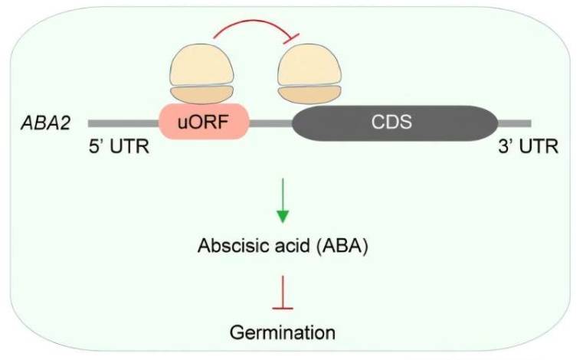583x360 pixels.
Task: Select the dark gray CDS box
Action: tap(395, 122)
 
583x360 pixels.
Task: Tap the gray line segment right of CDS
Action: tap(515, 123)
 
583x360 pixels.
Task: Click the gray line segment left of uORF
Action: tap(123, 123)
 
